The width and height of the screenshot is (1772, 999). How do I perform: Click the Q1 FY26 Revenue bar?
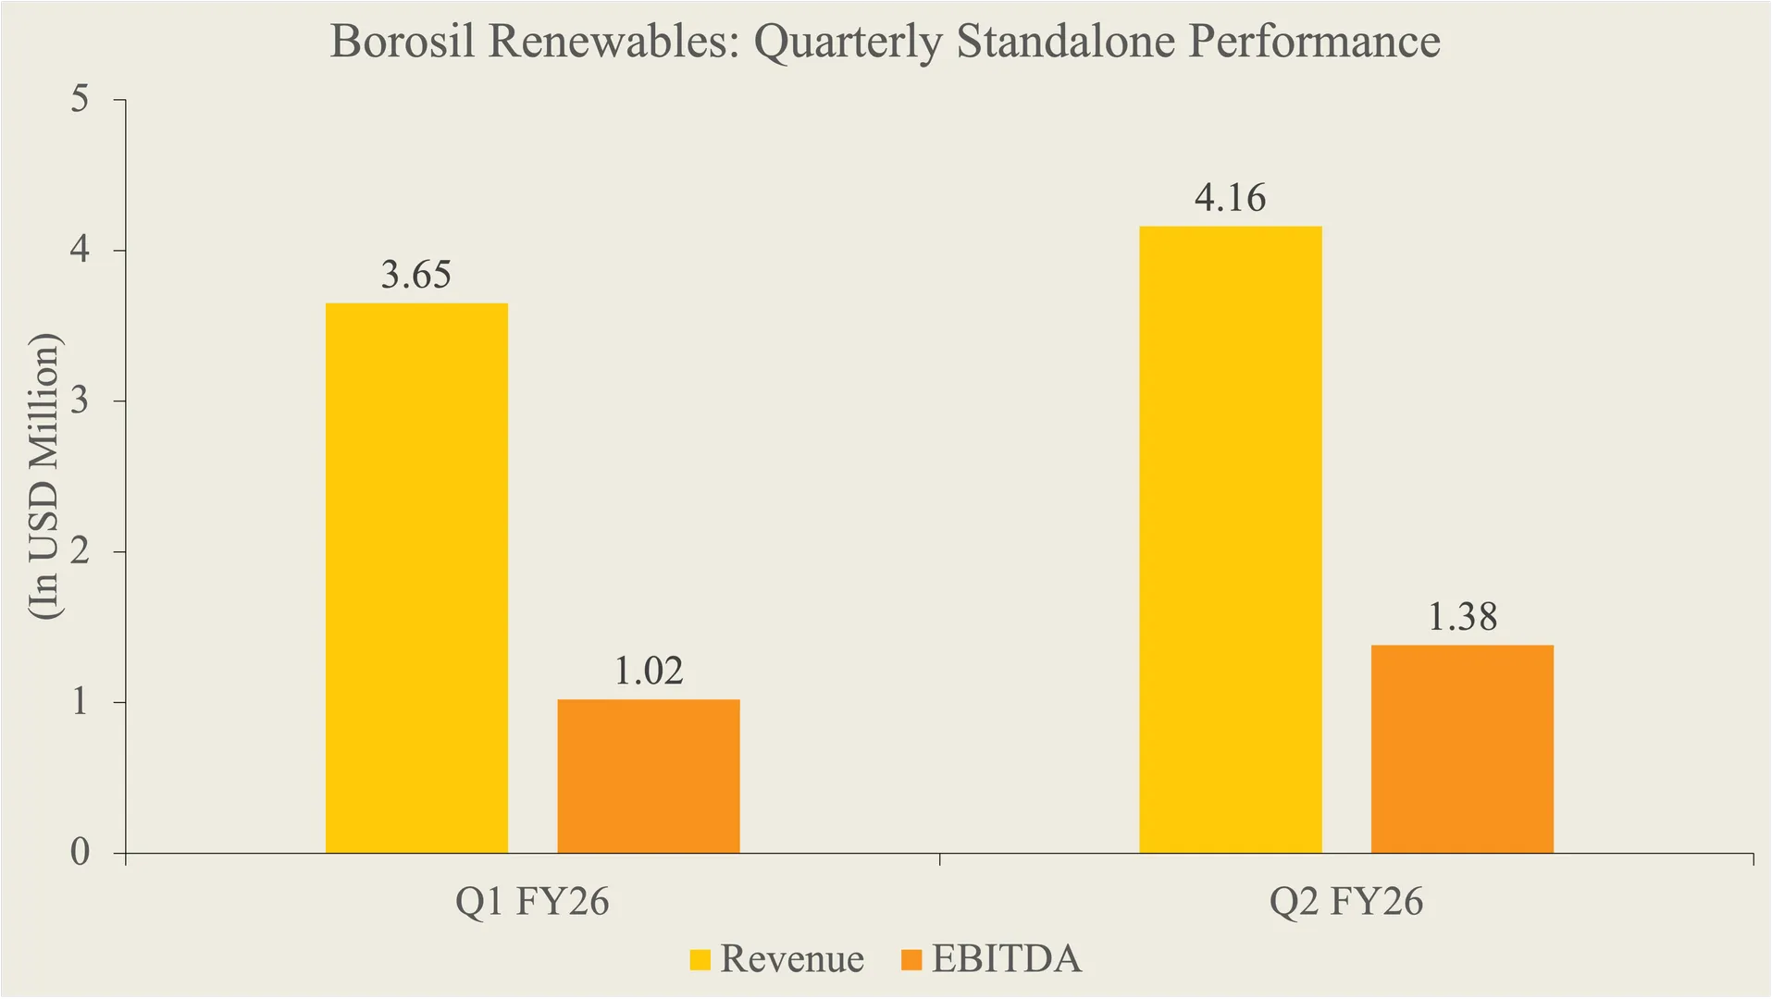pyautogui.click(x=416, y=578)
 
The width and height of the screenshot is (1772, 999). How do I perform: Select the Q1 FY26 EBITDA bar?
pyautogui.click(x=648, y=776)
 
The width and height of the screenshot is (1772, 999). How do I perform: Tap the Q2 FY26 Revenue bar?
pyautogui.click(x=1230, y=539)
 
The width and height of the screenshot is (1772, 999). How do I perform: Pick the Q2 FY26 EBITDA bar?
pyautogui.click(x=1462, y=748)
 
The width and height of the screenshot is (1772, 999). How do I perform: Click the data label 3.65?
pyautogui.click(x=416, y=275)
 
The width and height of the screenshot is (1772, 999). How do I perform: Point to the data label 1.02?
pyautogui.click(x=649, y=671)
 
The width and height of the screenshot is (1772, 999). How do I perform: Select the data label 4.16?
pyautogui.click(x=1230, y=198)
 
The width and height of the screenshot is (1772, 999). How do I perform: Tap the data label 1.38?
pyautogui.click(x=1462, y=617)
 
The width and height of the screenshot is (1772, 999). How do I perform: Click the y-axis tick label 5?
pyautogui.click(x=81, y=98)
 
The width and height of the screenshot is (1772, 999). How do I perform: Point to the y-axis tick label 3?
pyautogui.click(x=81, y=400)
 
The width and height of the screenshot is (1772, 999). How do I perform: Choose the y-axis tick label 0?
pyautogui.click(x=81, y=852)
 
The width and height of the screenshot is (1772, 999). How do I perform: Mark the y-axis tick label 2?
pyautogui.click(x=81, y=550)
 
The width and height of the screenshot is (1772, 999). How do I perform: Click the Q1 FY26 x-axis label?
pyautogui.click(x=532, y=901)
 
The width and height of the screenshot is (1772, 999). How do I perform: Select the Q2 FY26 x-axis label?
pyautogui.click(x=1345, y=901)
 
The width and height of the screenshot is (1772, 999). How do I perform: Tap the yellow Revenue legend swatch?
pyautogui.click(x=700, y=959)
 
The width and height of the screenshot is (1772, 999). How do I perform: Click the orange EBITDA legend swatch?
pyautogui.click(x=911, y=959)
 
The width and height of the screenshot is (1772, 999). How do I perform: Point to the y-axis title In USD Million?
pyautogui.click(x=43, y=475)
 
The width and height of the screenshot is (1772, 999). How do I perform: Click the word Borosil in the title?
pyautogui.click(x=402, y=42)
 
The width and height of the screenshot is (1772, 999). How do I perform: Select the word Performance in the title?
pyautogui.click(x=1314, y=42)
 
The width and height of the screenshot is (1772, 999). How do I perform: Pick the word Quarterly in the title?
pyautogui.click(x=849, y=42)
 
